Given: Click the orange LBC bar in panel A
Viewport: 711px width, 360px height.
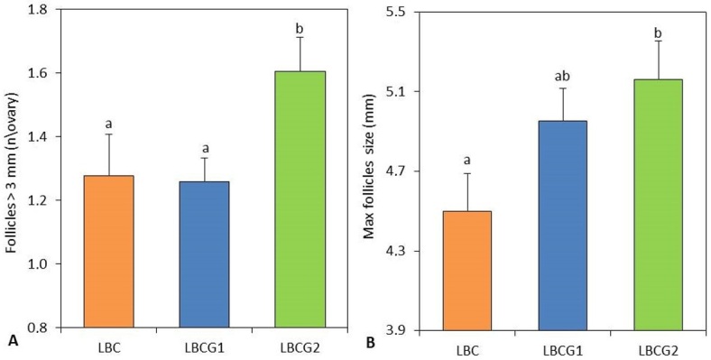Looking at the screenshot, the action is click(x=109, y=251).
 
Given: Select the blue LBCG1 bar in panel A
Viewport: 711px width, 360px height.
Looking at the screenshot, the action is click(x=205, y=254).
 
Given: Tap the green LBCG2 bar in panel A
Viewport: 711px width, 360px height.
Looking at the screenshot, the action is click(x=300, y=199).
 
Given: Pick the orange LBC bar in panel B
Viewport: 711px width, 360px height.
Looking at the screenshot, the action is click(x=467, y=271).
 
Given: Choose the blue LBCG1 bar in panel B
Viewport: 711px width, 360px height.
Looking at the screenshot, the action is click(x=563, y=226).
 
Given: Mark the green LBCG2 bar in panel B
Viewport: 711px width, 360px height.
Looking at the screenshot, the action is click(x=659, y=205).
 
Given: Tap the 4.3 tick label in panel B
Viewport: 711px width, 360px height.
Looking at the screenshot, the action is click(x=401, y=251).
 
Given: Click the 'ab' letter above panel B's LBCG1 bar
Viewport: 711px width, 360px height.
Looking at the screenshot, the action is click(x=563, y=76).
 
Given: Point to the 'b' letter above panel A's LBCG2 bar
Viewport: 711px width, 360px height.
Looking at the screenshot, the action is click(x=300, y=30).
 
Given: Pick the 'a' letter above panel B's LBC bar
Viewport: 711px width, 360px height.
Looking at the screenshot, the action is click(x=467, y=160).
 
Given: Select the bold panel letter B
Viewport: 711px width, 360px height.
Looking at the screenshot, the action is click(x=370, y=344).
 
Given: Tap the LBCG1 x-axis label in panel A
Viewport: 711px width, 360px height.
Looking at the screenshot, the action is click(x=205, y=342).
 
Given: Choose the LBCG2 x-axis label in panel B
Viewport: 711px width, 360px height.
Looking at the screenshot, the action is click(x=659, y=350).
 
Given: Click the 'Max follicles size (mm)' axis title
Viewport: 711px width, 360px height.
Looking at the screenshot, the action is click(x=371, y=167).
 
